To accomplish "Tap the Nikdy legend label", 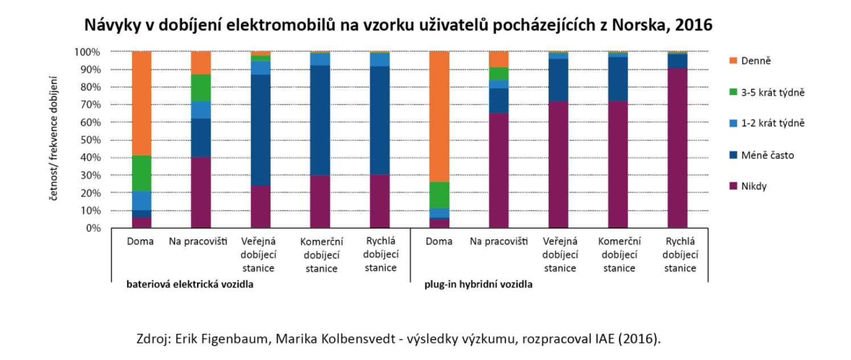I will pos(754,186).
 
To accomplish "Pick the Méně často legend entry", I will pos(767,155).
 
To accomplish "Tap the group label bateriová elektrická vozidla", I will pos(190,285).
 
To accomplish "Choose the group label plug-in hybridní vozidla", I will pos(478,285).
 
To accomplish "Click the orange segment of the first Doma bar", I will pos(141,103).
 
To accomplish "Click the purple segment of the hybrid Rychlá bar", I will pos(677,148).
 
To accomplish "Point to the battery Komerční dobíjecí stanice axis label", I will pos(321,255).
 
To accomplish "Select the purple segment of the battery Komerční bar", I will pos(320,202).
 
